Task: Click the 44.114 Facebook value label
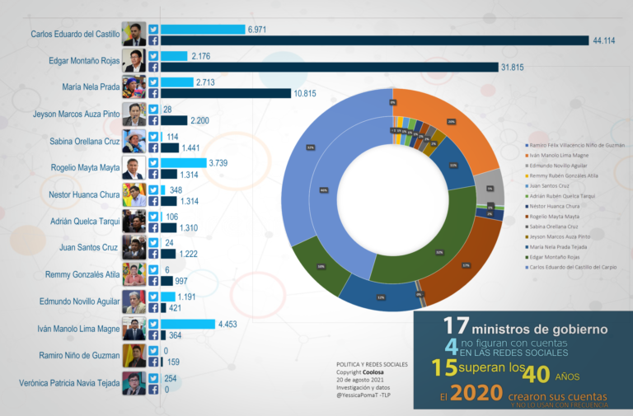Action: tap(605, 40)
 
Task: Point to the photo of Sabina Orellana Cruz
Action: tap(134, 141)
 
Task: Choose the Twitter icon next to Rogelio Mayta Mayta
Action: tap(153, 162)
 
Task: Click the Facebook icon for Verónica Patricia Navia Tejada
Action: tap(153, 390)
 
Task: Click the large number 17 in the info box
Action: tap(456, 325)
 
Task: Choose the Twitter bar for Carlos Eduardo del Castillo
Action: tap(202, 29)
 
